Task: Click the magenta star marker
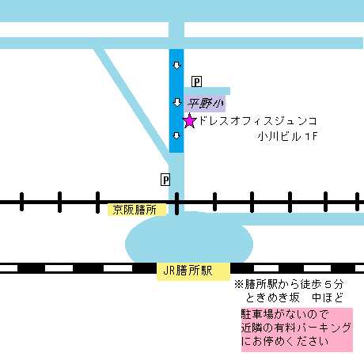[189, 121]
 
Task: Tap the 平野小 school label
[205, 104]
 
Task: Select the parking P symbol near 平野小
[196, 81]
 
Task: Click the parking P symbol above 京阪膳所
[165, 180]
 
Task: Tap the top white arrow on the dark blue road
[176, 66]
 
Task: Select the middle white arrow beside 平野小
[176, 103]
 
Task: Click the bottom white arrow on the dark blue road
[176, 136]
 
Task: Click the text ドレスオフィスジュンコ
[258, 121]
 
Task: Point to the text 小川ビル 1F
[287, 137]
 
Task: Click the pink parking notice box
[297, 330]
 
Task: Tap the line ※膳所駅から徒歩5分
[289, 285]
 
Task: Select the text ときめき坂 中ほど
[294, 298]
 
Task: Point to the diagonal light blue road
[132, 105]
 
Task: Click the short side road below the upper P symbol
[207, 91]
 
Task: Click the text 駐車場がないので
[285, 314]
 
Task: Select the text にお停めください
[285, 342]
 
